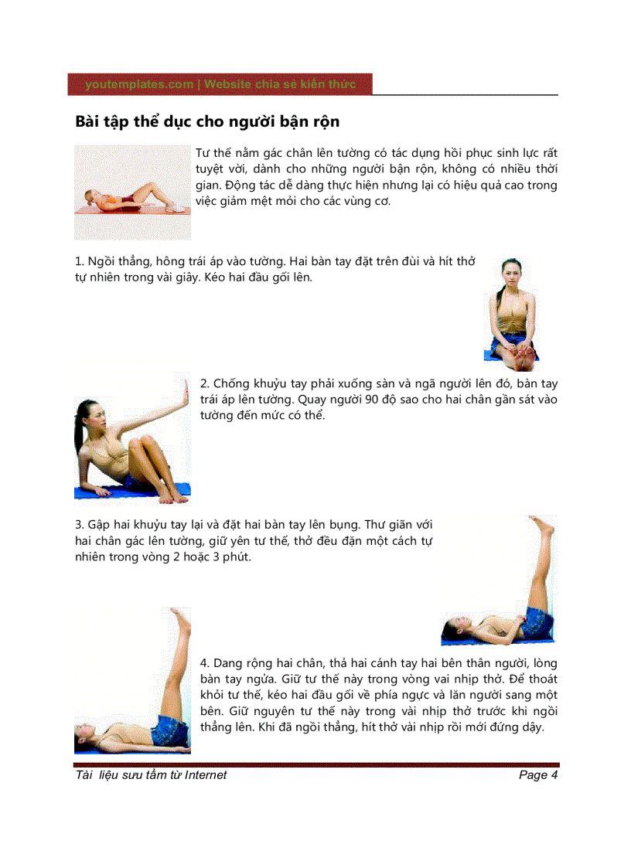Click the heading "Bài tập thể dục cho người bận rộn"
(207, 122)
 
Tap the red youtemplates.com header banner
(220, 84)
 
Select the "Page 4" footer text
(538, 775)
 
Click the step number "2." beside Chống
(205, 383)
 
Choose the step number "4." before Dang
(205, 663)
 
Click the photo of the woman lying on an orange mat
(132, 192)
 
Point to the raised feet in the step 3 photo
(544, 526)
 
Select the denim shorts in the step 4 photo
(169, 730)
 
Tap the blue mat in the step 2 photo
(155, 490)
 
